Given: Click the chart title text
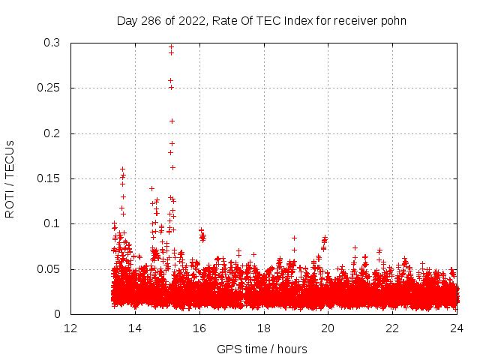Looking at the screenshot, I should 261,21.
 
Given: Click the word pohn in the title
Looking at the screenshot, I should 394,21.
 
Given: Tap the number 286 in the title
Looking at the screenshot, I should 150,21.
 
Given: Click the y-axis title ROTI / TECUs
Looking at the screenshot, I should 10,178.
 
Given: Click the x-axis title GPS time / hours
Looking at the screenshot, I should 262,349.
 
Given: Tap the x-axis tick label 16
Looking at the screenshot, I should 199,328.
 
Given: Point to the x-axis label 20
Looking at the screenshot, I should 328,328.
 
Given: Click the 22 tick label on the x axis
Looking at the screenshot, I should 392,328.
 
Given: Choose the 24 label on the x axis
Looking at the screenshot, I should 456,328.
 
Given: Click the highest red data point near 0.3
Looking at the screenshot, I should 171,47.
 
